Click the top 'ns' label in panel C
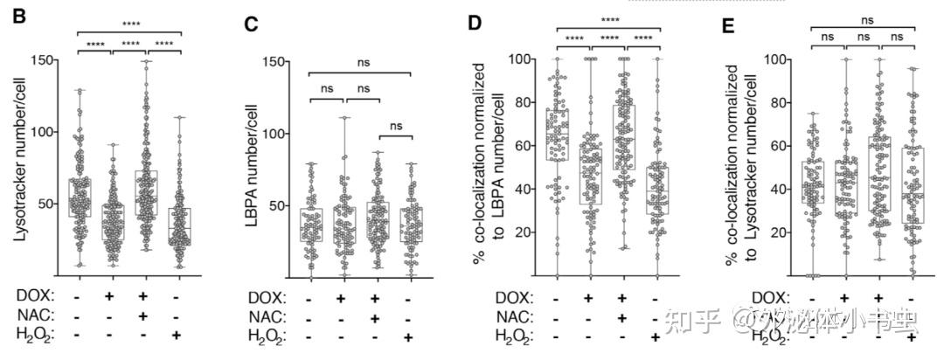pos(360,62)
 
